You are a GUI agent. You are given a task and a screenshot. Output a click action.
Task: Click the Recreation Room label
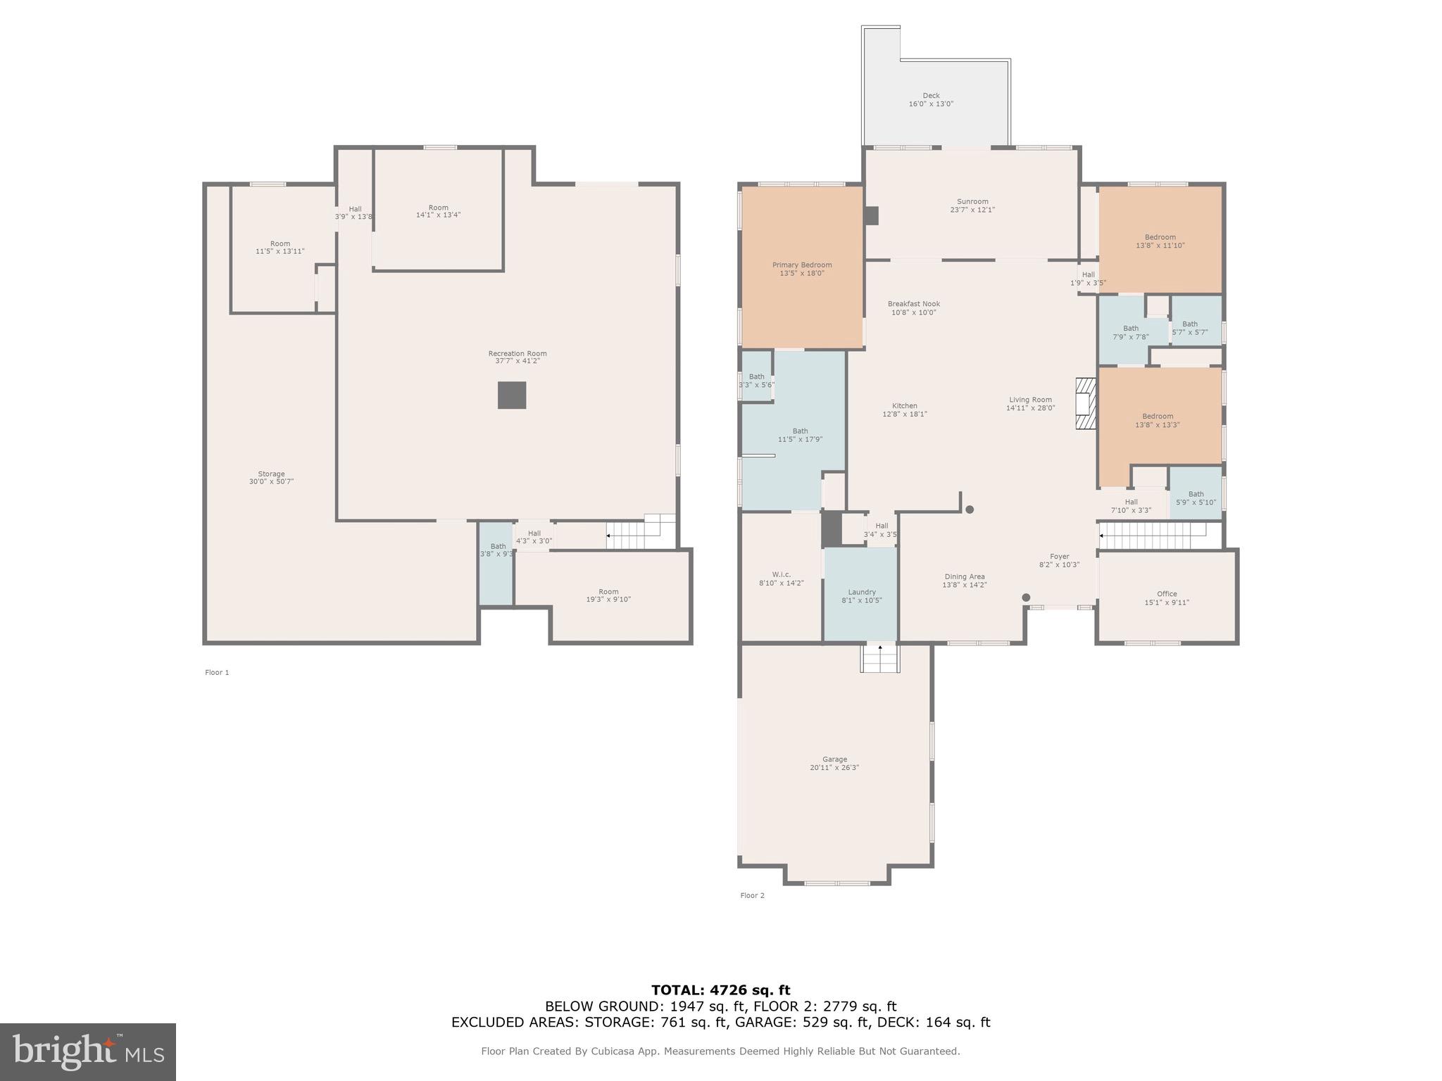(x=518, y=354)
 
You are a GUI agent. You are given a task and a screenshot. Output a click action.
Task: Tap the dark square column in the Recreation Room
(x=512, y=396)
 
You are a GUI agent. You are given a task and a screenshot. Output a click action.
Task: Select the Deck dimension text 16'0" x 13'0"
(x=931, y=104)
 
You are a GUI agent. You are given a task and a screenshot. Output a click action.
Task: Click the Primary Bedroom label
(x=802, y=265)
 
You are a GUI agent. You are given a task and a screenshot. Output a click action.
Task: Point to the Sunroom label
(x=972, y=202)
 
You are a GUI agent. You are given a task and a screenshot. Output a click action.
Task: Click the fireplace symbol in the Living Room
(x=1086, y=404)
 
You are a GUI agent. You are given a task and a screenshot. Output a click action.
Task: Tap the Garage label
(x=834, y=759)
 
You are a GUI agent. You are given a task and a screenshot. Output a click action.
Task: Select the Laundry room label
(x=862, y=593)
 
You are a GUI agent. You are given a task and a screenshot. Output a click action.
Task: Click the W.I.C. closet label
(x=781, y=575)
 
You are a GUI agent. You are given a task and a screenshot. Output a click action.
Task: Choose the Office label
(x=1167, y=594)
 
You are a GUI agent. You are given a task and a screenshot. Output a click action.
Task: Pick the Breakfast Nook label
(x=914, y=304)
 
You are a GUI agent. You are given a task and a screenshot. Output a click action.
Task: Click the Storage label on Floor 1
(x=271, y=474)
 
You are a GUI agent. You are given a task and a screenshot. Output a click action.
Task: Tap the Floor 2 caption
(x=752, y=896)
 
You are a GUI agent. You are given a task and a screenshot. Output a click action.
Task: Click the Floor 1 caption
(x=217, y=673)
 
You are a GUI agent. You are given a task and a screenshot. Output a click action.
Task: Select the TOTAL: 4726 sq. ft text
(x=720, y=991)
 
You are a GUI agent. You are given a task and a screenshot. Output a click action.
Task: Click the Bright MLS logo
(x=88, y=1052)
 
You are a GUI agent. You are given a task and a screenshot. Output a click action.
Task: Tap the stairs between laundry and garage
(x=880, y=659)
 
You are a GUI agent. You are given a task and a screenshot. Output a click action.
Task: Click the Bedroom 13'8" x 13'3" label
(x=1158, y=417)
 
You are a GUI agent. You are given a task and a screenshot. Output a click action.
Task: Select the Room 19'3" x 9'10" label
(x=608, y=592)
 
